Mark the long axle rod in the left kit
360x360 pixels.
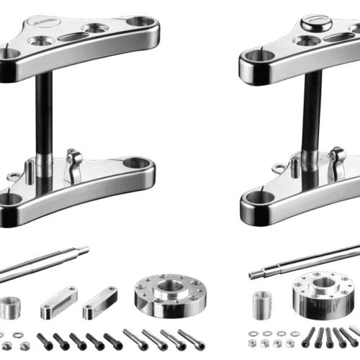(43, 264)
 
